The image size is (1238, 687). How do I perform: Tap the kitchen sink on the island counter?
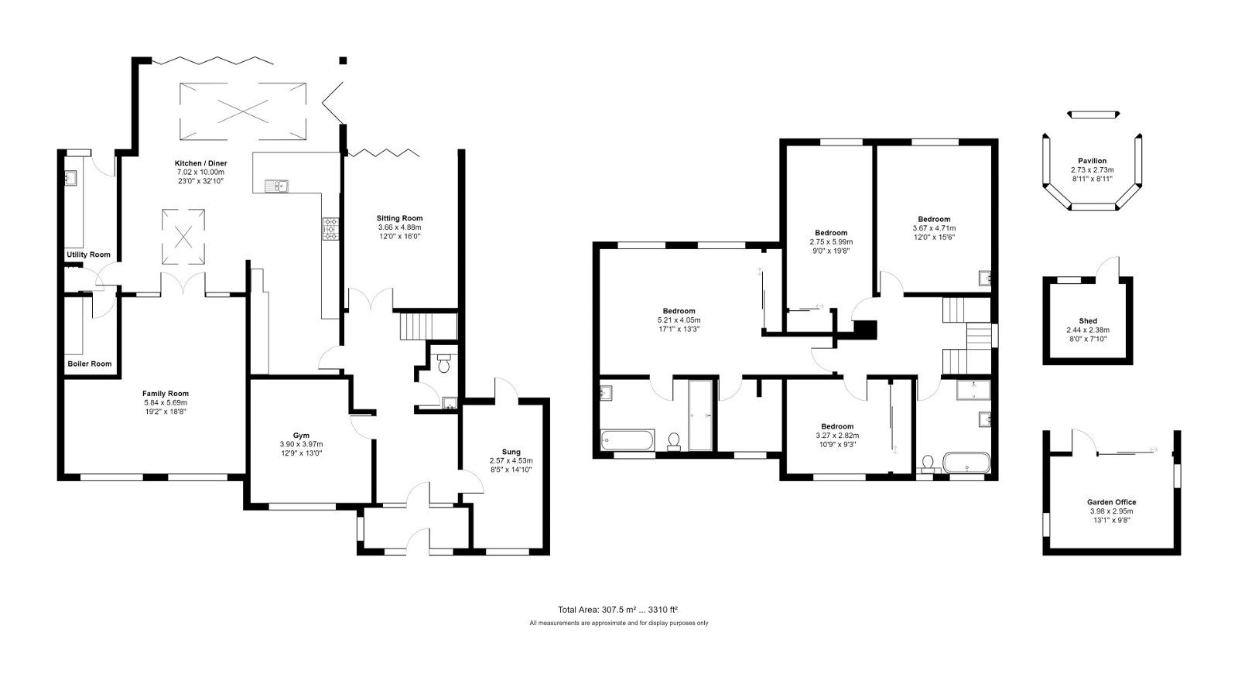coord(275,186)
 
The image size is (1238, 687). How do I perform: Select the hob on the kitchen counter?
coord(330,228)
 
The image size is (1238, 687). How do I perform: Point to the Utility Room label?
coord(88,255)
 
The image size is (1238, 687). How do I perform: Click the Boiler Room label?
coord(90,364)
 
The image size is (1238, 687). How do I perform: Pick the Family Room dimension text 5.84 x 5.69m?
coord(166,402)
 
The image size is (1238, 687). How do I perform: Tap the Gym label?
coord(301,435)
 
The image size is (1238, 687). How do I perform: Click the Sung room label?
coord(511,452)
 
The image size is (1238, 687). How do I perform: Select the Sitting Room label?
coord(399,218)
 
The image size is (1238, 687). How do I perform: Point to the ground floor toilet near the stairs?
coord(443,364)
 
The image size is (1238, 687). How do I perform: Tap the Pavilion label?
coord(1092,161)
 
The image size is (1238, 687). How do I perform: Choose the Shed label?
coord(1087,321)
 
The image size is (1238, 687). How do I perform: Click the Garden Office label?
coord(1111,502)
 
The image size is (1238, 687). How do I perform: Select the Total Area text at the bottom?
coord(617,609)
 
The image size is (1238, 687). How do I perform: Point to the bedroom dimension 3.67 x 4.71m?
coord(934,228)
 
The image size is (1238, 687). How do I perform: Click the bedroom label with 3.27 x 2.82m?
coord(837,426)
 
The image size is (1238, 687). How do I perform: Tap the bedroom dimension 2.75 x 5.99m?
coord(831,241)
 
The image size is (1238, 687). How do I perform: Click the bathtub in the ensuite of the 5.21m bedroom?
coord(628,441)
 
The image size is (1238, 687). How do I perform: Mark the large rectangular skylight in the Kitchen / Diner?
coord(242,111)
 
